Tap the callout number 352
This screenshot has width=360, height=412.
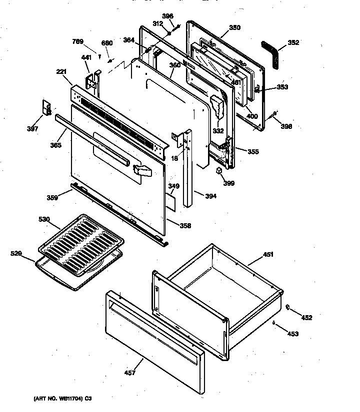(293, 42)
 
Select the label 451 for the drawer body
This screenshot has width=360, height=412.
(268, 255)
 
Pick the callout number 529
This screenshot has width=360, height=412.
(16, 254)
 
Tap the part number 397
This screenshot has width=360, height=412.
(32, 129)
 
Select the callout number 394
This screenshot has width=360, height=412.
(210, 196)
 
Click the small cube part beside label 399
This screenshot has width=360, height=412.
(219, 171)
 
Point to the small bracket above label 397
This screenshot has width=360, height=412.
(46, 107)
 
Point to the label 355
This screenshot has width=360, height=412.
(253, 151)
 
